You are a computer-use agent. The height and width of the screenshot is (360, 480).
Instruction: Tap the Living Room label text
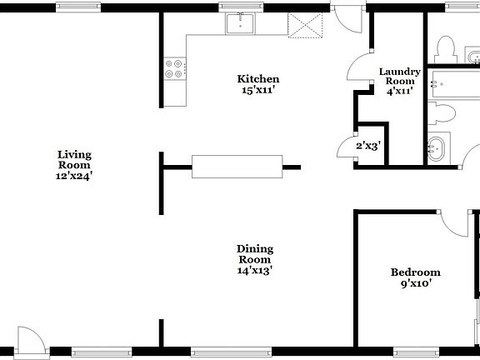tap(74, 165)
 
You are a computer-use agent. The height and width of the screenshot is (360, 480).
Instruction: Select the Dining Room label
tap(255, 259)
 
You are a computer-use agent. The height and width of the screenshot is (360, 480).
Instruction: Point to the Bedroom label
tap(415, 277)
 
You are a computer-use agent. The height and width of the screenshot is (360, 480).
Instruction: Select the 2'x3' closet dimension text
tap(368, 147)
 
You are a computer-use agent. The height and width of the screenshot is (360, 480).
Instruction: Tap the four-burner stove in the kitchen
tap(175, 67)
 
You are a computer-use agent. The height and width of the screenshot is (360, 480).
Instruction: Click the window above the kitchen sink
tap(241, 7)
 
